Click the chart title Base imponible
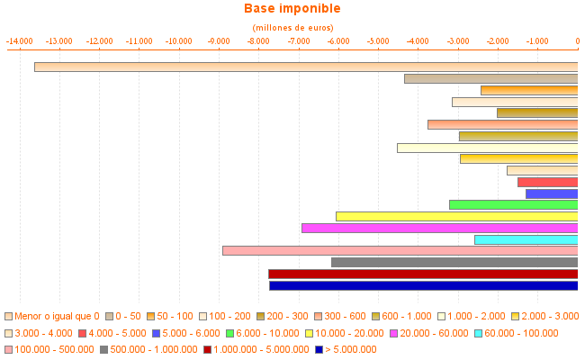292,9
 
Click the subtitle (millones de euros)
292,28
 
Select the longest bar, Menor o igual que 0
306,67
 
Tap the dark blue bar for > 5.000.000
423,285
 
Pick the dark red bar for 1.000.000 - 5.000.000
423,274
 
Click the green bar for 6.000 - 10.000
513,204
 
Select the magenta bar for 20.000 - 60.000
439,228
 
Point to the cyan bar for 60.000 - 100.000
526,239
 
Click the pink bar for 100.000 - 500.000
400,250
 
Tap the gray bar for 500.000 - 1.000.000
454,262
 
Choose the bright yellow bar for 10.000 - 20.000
456,216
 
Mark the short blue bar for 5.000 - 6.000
552,193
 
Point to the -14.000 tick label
20,41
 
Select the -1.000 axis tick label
537,41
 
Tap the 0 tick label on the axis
577,41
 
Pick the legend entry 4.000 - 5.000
113,333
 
